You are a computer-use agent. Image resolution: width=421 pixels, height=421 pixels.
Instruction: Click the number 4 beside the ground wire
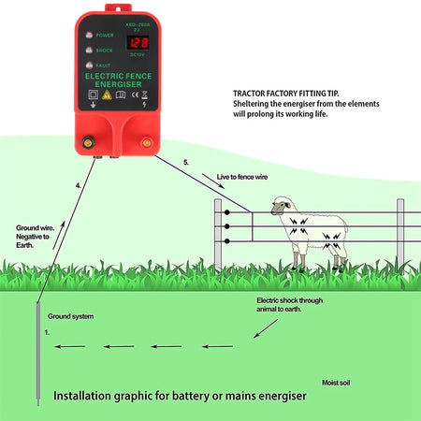[x=79, y=185]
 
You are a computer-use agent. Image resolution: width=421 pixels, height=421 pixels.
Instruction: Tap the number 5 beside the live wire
[x=186, y=164]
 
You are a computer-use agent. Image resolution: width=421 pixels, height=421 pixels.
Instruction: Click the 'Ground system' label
[x=71, y=317]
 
